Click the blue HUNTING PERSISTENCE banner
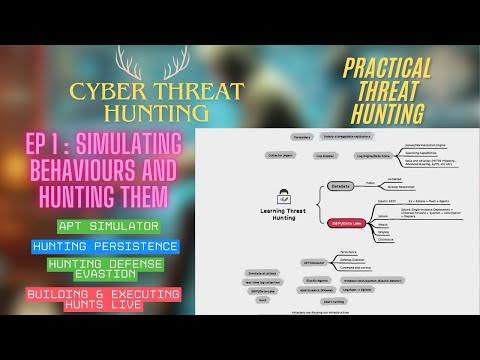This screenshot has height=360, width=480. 105,246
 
